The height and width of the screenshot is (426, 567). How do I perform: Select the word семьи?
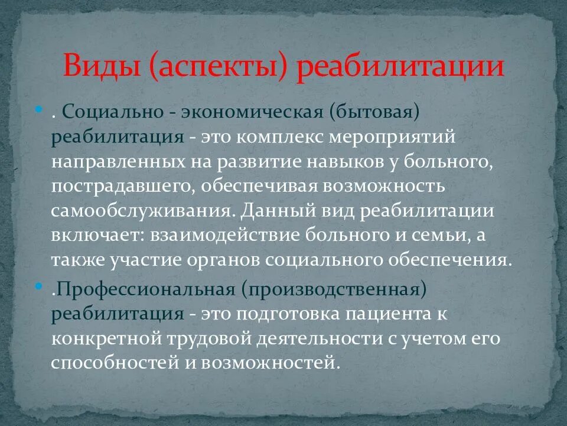tap(437, 237)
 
